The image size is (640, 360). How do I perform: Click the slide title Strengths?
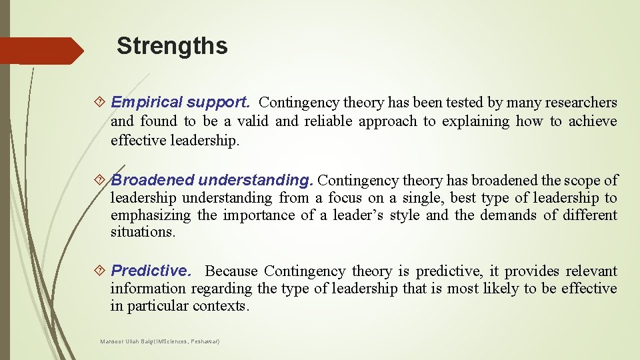tap(172, 46)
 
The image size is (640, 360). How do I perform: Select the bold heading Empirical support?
tap(180, 103)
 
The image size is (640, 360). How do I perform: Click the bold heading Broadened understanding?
tap(213, 180)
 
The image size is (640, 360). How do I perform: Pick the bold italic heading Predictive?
tap(151, 271)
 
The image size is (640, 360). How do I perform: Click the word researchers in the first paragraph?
tap(581, 103)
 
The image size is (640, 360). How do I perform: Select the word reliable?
tap(328, 121)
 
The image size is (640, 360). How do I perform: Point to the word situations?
tap(142, 232)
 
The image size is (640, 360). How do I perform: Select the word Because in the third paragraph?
tap(231, 271)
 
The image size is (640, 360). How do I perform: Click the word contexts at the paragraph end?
tap(220, 306)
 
